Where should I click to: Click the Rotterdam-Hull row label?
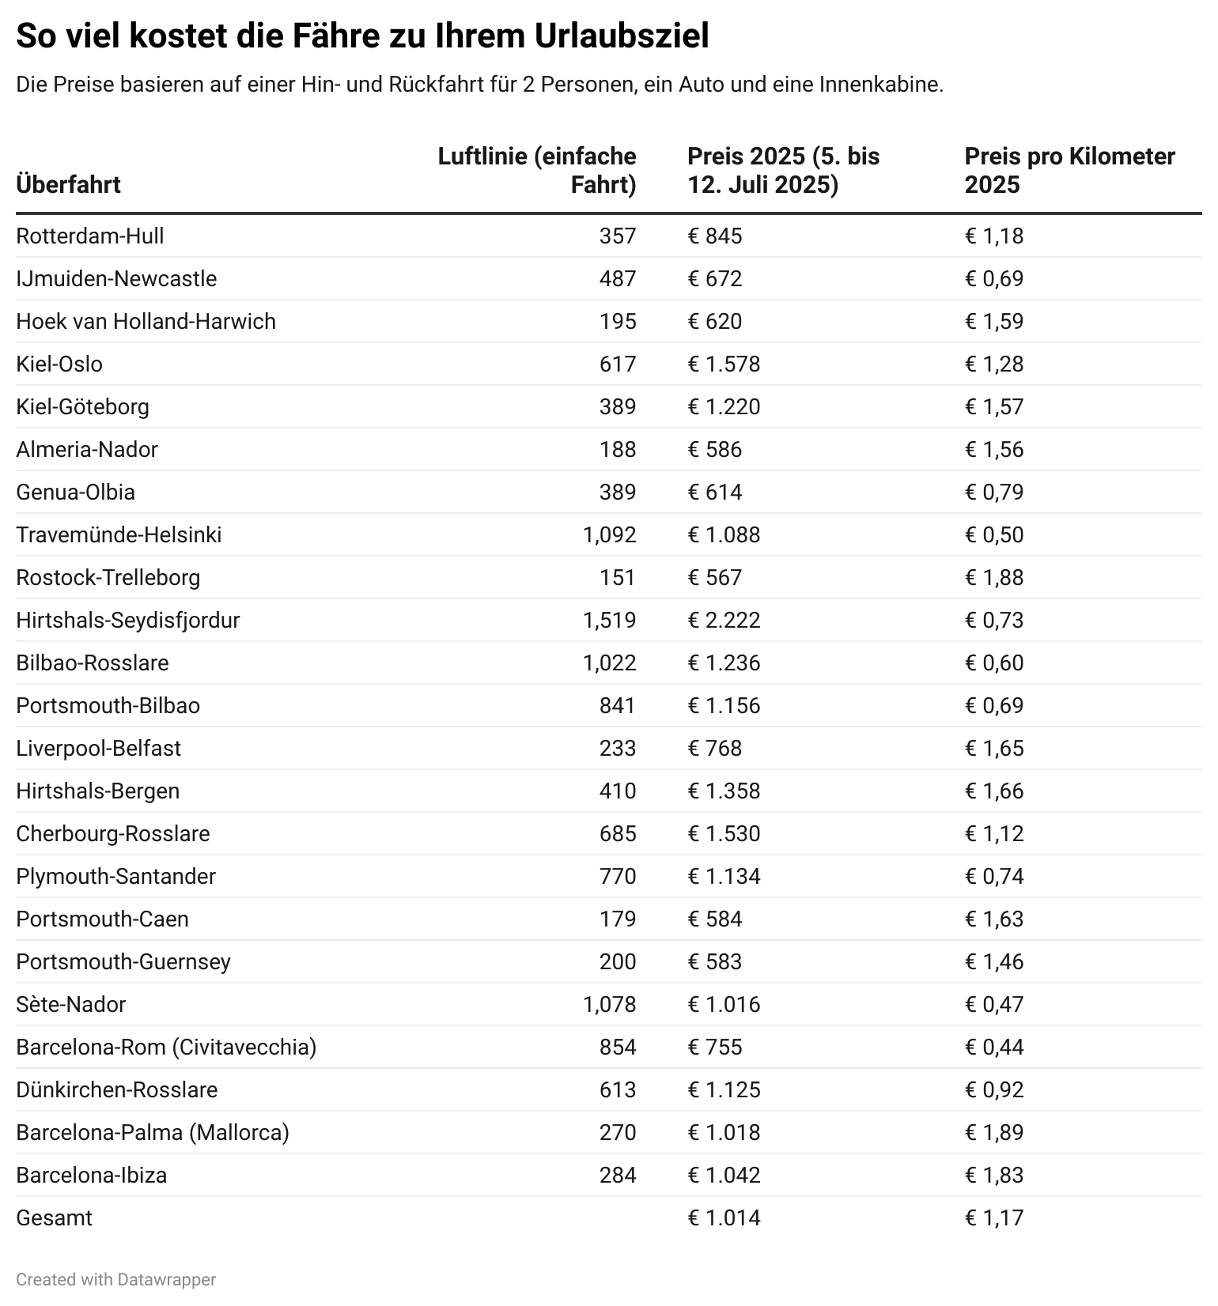pos(90,236)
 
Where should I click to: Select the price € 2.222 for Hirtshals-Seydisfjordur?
pos(724,621)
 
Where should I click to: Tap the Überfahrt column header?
pos(68,185)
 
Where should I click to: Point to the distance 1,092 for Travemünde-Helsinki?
pos(609,535)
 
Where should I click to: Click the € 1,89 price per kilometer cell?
pos(994,1133)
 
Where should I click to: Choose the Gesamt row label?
pos(54,1218)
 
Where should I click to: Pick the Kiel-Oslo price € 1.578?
pos(724,364)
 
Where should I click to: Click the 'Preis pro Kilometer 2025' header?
pos(1069,171)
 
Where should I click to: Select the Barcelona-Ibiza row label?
pos(92,1176)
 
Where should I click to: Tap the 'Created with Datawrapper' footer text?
pos(115,1280)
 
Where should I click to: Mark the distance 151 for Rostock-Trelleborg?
pos(617,578)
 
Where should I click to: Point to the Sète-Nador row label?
pos(71,1005)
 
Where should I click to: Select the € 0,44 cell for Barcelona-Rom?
pos(994,1047)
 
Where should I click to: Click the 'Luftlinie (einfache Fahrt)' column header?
pos(537,171)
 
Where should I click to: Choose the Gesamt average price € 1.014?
pos(724,1218)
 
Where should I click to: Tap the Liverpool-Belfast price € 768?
pos(715,749)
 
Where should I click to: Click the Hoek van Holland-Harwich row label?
pos(146,322)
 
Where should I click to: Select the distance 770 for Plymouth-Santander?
pos(617,877)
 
